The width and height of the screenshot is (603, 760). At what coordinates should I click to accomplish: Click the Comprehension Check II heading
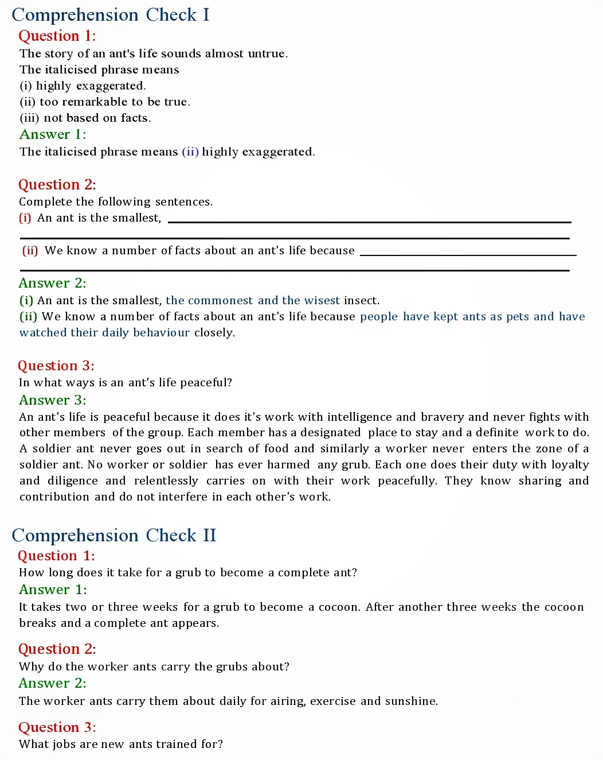[x=114, y=536]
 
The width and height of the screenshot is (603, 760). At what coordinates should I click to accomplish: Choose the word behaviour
[x=161, y=333]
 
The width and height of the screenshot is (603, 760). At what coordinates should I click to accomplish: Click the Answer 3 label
[x=52, y=400]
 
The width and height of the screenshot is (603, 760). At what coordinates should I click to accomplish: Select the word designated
[x=329, y=433]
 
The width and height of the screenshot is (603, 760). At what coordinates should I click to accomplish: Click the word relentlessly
[x=166, y=481]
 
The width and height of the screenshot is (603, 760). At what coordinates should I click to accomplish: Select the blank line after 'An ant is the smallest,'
[x=369, y=222]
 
